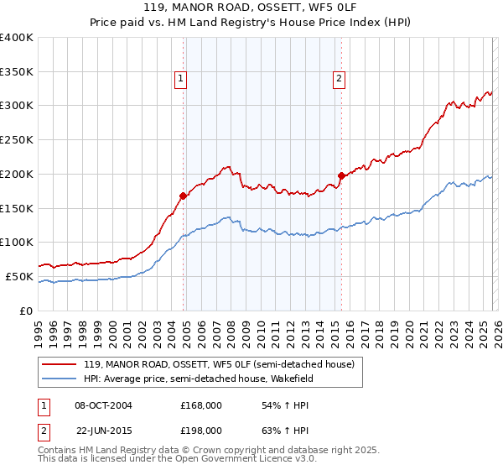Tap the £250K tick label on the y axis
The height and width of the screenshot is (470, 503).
pos(17,139)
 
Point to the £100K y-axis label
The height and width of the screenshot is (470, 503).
pos(17,242)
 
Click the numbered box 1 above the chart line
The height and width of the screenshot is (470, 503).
pos(180,80)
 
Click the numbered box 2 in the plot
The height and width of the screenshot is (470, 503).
pos(339,80)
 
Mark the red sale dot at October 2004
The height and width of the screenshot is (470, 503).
pos(183,196)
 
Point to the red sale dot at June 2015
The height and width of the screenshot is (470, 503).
pos(341,175)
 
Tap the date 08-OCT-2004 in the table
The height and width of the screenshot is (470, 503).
pos(103,405)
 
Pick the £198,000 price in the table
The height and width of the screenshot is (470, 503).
pos(200,430)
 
